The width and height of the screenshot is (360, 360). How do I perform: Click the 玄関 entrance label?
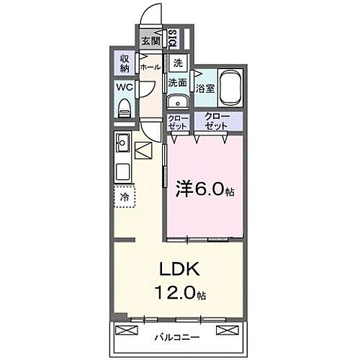click(150, 41)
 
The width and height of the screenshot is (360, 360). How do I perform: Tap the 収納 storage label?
click(123, 63)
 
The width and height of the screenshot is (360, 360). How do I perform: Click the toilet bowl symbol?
click(123, 109)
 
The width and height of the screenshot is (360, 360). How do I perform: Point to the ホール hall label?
click(150, 67)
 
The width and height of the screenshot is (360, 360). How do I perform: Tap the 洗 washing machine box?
click(178, 63)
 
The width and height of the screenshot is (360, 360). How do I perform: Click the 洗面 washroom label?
click(178, 83)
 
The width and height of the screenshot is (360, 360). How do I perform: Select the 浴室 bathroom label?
click(205, 89)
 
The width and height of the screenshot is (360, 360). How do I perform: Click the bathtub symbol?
click(231, 88)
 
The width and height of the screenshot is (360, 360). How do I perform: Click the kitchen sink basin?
click(122, 142)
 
